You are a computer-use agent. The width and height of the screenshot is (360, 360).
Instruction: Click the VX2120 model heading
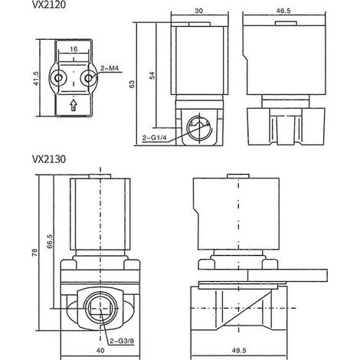(49, 5)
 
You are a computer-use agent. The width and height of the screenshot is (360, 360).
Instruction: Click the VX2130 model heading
(49, 159)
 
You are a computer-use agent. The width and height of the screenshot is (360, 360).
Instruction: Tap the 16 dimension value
(74, 49)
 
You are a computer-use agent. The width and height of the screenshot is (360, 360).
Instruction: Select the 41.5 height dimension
(36, 78)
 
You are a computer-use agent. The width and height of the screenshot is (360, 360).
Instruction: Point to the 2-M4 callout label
(110, 68)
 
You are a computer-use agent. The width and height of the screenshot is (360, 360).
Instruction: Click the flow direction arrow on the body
(74, 105)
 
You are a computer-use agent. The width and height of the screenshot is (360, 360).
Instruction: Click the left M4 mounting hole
(58, 78)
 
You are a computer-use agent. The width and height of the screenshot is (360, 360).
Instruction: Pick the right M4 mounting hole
(89, 78)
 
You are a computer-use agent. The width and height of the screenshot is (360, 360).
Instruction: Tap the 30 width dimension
(199, 11)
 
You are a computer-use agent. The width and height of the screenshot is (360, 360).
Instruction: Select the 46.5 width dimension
(283, 11)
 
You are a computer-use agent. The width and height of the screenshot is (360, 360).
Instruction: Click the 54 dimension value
(152, 76)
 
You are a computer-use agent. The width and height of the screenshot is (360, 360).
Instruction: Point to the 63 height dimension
(132, 84)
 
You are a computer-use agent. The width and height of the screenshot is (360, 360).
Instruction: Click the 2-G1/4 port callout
(155, 138)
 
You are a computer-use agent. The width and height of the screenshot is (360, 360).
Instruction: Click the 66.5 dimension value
(50, 241)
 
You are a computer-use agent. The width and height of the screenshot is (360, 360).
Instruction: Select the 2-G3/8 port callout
(122, 341)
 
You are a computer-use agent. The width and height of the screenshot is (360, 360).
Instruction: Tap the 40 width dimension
(100, 351)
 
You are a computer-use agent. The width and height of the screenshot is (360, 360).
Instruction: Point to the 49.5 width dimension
(239, 351)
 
